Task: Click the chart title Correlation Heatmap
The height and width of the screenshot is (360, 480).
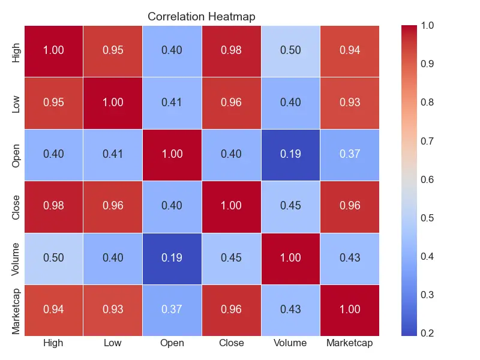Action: click(x=202, y=17)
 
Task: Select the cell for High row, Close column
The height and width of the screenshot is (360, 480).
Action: click(x=231, y=51)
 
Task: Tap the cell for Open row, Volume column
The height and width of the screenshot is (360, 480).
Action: click(x=290, y=154)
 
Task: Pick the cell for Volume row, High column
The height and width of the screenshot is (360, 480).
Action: click(x=53, y=257)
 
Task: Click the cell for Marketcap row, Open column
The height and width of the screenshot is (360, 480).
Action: click(x=172, y=309)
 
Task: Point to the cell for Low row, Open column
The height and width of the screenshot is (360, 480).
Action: click(x=172, y=103)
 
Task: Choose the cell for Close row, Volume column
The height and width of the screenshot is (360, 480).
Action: click(x=290, y=206)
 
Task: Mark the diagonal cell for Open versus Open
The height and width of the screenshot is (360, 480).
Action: click(x=172, y=154)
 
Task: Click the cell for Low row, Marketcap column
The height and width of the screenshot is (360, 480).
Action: click(x=350, y=103)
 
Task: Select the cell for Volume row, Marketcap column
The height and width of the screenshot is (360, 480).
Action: click(x=350, y=257)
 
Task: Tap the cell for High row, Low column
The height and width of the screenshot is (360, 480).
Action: click(x=113, y=51)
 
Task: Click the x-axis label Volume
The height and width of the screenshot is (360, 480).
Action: click(x=290, y=343)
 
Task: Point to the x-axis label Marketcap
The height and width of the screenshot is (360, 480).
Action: click(x=350, y=343)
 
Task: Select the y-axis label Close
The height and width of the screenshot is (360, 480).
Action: click(x=16, y=206)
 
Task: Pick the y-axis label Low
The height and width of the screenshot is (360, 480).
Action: click(x=16, y=103)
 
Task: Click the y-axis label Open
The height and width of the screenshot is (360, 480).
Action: click(x=16, y=154)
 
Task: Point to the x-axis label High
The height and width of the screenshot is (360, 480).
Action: click(x=53, y=343)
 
